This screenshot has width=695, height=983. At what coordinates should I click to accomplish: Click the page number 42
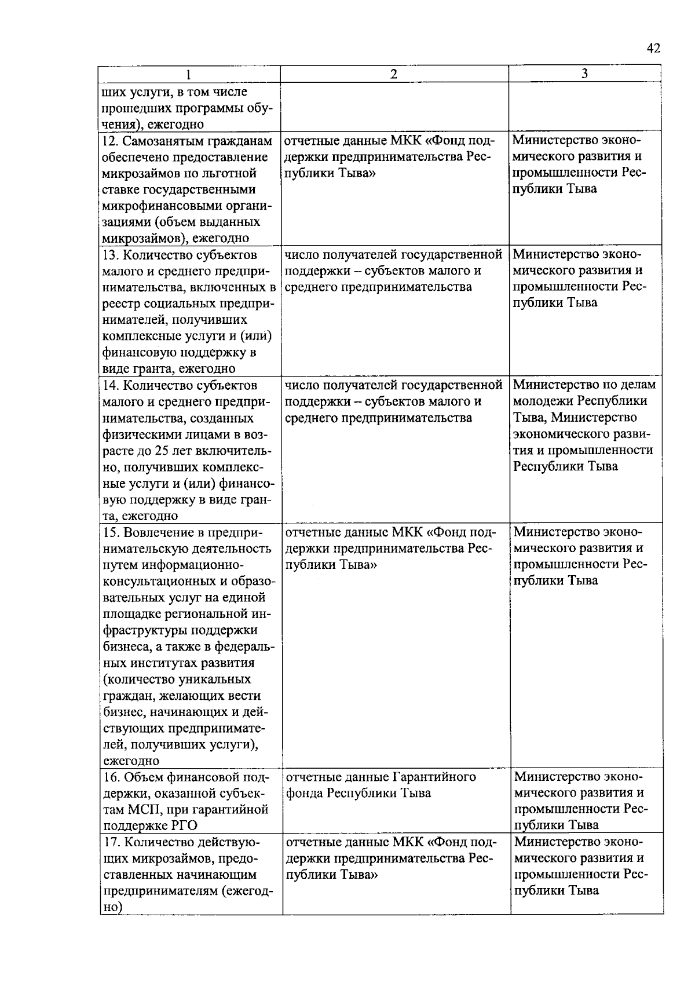653,49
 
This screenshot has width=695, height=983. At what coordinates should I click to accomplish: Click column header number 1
188,75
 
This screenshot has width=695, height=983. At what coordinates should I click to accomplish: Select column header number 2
394,74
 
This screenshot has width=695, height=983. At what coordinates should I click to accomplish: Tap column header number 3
585,74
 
